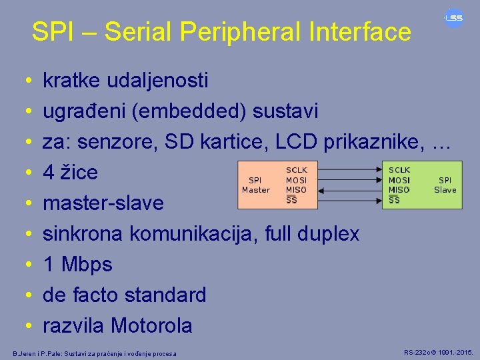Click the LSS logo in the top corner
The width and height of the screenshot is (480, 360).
454,18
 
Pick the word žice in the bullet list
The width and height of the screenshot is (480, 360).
79,173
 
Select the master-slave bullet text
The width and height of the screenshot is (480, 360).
103,203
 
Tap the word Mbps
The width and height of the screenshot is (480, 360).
87,265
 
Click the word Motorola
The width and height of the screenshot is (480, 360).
151,325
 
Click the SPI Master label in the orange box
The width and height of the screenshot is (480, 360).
255,185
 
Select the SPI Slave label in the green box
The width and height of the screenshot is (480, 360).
445,185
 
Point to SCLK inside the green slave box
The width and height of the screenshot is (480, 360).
399,171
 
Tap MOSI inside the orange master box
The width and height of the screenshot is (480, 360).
296,180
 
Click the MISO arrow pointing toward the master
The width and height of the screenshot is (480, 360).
347,190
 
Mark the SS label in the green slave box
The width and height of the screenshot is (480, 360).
395,199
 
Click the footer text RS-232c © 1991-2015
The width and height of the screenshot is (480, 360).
439,351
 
